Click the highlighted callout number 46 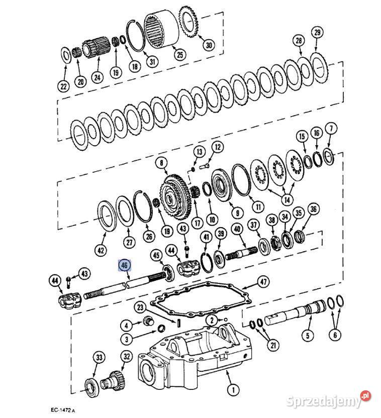tap(125, 265)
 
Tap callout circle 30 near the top tap(209, 45)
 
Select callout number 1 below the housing tap(233, 390)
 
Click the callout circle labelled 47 tap(263, 281)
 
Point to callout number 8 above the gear tap(161, 163)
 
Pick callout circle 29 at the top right tap(317, 32)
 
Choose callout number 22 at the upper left tap(64, 86)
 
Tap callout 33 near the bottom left tap(99, 357)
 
